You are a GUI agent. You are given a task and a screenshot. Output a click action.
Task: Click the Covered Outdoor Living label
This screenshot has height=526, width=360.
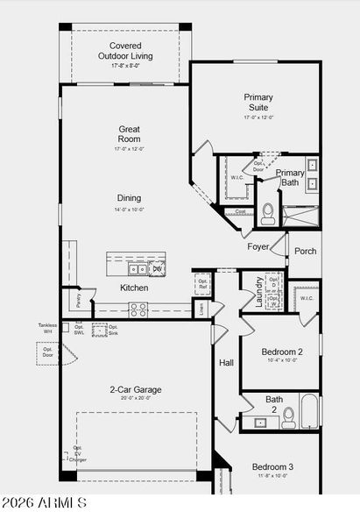tap(124, 51)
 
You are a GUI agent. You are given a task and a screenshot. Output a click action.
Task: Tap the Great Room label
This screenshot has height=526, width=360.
tap(130, 133)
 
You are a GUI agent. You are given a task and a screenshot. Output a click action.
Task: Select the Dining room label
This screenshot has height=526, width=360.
tap(130, 198)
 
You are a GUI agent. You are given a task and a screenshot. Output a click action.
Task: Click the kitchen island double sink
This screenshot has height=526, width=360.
tap(138, 268)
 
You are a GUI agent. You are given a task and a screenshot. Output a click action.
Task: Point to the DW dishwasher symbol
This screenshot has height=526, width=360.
tap(158, 268)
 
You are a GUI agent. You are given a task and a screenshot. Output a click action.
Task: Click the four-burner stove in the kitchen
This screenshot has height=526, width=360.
tap(138, 309)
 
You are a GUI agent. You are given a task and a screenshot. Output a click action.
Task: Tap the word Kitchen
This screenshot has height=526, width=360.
tap(134, 288)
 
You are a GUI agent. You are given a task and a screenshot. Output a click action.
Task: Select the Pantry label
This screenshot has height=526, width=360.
tap(79, 301)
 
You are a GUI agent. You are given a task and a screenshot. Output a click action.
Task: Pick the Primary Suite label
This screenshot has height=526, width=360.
tap(258, 103)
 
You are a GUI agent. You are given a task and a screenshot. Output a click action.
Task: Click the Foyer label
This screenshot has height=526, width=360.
tap(258, 247)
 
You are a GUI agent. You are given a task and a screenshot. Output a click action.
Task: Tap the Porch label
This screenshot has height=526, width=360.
tap(306, 252)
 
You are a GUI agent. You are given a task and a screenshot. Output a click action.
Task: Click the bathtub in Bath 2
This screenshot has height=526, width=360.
tap(310, 411)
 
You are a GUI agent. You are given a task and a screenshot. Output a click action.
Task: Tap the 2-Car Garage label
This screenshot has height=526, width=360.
tap(135, 389)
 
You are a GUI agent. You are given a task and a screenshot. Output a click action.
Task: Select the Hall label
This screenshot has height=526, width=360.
tap(226, 362)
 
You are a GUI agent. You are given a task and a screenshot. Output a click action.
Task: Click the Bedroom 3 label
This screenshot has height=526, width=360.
tap(272, 466)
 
